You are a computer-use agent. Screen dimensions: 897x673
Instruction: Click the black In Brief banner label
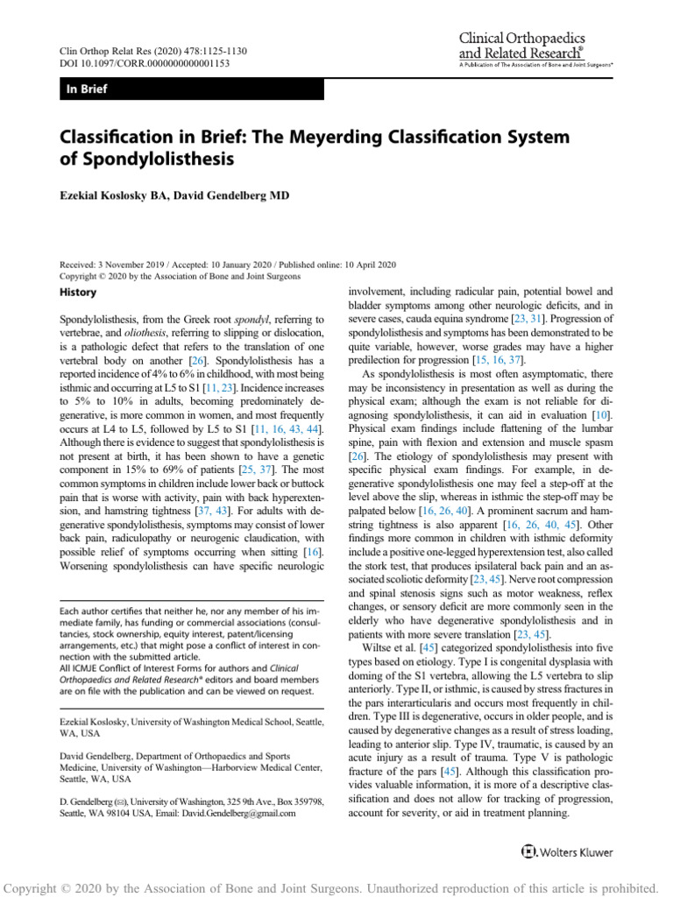[87, 89]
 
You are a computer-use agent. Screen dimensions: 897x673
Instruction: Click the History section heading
[78, 291]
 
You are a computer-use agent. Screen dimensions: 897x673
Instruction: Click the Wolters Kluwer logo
[566, 851]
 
